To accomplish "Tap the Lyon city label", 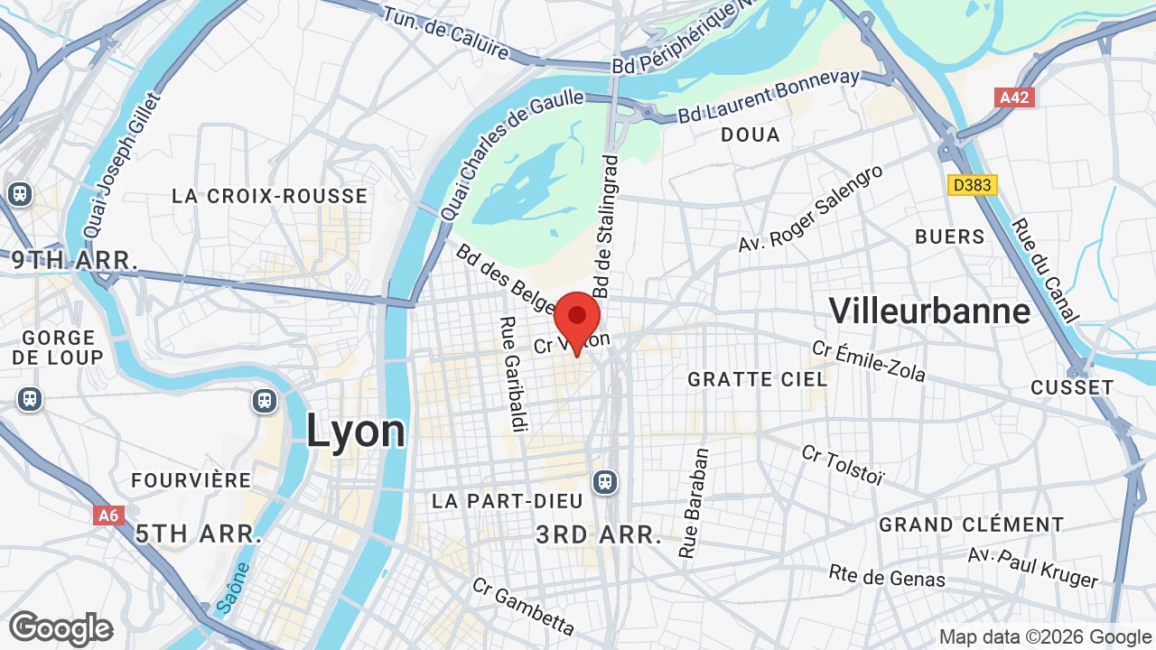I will pos(356,431).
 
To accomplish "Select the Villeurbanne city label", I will pos(929,311).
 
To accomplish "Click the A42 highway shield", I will pos(1014,97).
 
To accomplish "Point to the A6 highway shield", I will pos(108,515).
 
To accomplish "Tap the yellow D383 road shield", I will pos(973,185).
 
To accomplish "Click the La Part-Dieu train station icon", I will pos(605,482).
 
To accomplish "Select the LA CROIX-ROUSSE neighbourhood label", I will pos(270,196).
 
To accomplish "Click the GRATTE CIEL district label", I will pos(757,379).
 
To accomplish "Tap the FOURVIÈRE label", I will pos(191,480).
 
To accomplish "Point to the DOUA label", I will pos(750,135).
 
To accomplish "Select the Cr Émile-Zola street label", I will pos(868,361).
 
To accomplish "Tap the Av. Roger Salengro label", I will pos(810,209).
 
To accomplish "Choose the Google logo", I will pos(61,628).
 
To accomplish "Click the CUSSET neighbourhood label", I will pos(1072,387).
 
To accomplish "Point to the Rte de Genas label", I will pos(887,575).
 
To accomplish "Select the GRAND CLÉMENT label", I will pos(971,525).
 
